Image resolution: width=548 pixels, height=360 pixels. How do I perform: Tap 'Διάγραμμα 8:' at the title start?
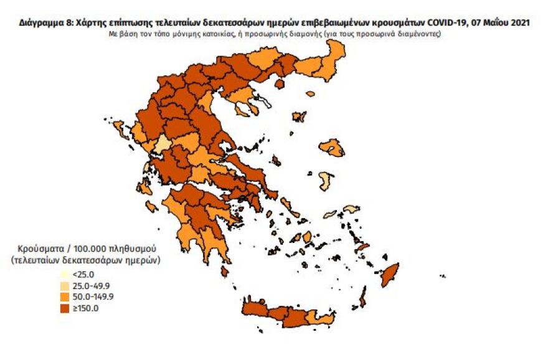pyautogui.click(x=44, y=23)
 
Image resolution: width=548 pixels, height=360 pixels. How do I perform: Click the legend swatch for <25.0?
pyautogui.click(x=64, y=274)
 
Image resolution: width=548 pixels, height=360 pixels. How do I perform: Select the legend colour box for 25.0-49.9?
pyautogui.click(x=64, y=285)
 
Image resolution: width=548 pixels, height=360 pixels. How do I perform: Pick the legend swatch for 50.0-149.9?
pyautogui.click(x=64, y=296)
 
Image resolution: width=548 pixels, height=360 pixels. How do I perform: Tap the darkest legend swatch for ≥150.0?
pyautogui.click(x=64, y=308)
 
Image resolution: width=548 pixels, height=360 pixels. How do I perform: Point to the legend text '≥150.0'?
pyautogui.click(x=85, y=308)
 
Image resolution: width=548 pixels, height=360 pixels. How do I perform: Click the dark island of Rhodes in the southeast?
pyautogui.click(x=391, y=275)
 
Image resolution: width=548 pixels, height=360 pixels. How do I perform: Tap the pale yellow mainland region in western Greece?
pyautogui.click(x=163, y=144)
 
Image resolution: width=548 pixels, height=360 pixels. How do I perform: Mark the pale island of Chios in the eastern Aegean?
pyautogui.click(x=325, y=181)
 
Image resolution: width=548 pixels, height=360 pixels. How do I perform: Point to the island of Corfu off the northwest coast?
pyautogui.click(x=120, y=130)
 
